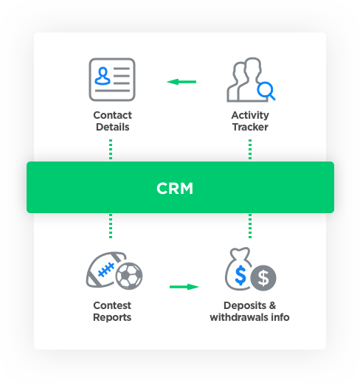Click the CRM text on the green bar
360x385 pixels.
pos(175,188)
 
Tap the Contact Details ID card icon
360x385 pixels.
pos(112,80)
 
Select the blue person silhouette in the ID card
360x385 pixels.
pos(103,76)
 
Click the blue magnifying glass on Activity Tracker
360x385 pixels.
pos(266,91)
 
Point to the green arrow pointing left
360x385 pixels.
pos(181,82)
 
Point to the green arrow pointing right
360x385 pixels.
pos(184,287)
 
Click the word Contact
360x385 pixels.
pos(112,115)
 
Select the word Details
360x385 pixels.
pos(113,127)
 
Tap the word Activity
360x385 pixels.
pos(250,116)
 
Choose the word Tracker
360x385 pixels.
pos(250,127)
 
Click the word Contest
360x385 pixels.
pos(112,305)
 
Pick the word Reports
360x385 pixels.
pos(112,318)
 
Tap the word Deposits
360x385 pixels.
pos(245,306)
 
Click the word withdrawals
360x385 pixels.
pos(239,317)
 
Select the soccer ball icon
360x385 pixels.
pos(129,276)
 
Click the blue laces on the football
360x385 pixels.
pos(106,269)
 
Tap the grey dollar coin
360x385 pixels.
pos(263,278)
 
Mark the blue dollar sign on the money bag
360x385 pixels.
pos(240,275)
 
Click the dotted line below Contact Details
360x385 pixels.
pos(111,149)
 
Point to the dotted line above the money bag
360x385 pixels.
pos(250,226)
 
